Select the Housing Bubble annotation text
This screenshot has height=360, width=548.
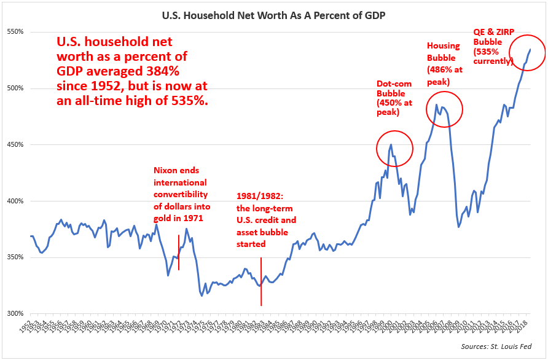point(445,63)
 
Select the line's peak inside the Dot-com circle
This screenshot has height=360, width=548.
point(391,145)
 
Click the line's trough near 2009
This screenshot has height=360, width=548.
point(458,227)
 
